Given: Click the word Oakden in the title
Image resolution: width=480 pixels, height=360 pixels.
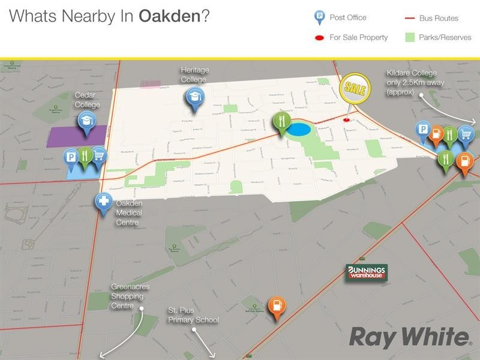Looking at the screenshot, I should pyautogui.click(x=170, y=16).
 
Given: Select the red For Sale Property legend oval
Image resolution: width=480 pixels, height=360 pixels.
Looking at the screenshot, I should pyautogui.click(x=319, y=38).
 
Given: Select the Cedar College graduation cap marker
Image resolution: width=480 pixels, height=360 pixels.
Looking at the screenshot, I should pyautogui.click(x=86, y=122).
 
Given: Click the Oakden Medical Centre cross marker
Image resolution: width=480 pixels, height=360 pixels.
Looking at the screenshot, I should pyautogui.click(x=104, y=202).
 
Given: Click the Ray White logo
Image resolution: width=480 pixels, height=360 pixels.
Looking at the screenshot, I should pyautogui.click(x=410, y=337).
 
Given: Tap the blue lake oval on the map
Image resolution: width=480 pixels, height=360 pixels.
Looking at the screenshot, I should pyautogui.click(x=299, y=130).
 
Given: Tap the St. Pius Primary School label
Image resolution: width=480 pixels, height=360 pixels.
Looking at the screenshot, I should pyautogui.click(x=193, y=316).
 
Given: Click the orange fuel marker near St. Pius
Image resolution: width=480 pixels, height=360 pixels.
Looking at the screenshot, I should pyautogui.click(x=275, y=307).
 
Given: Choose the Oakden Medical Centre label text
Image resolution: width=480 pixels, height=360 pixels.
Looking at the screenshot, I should pyautogui.click(x=129, y=212).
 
